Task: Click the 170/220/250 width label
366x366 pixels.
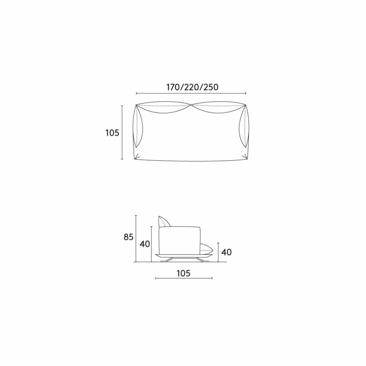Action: pyautogui.click(x=192, y=87)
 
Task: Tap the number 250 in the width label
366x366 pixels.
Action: pyautogui.click(x=211, y=87)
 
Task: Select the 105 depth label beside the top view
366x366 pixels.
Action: pyautogui.click(x=112, y=133)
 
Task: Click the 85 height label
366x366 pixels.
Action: pyautogui.click(x=129, y=237)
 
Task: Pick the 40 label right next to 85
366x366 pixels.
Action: pyautogui.click(x=145, y=244)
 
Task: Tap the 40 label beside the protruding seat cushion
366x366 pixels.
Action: pyautogui.click(x=227, y=252)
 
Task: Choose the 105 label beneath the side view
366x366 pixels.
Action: pyautogui.click(x=183, y=274)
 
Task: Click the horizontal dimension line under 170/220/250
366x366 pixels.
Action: pyautogui.click(x=191, y=93)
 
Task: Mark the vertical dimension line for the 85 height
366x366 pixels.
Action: pyautogui.click(x=136, y=239)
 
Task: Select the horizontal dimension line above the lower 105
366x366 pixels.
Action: pyautogui.click(x=183, y=278)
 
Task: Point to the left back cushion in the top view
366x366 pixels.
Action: pyautogui.click(x=164, y=108)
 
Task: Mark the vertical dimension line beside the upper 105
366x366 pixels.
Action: pyautogui.click(x=122, y=132)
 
